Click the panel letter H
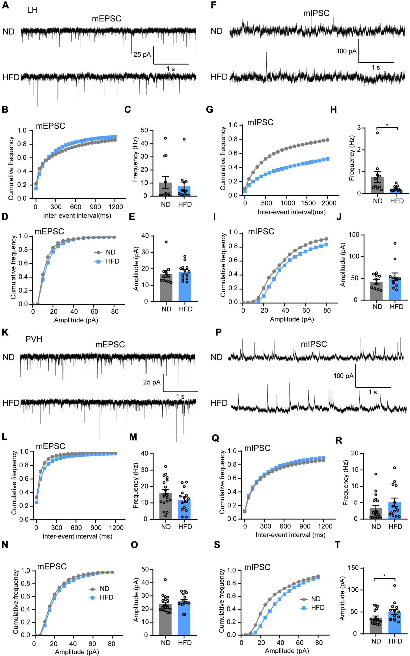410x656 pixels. [x=333, y=110]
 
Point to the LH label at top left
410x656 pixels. [x=32, y=10]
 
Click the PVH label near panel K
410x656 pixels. [x=34, y=339]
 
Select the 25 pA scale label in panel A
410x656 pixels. [x=142, y=54]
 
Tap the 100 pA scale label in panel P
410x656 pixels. [x=343, y=376]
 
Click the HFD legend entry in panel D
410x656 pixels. [x=112, y=261]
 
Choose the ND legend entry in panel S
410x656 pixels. [x=316, y=599]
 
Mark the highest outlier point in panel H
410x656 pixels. [x=377, y=133]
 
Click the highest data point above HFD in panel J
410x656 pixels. [x=395, y=243]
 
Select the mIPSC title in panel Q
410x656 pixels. [x=257, y=448]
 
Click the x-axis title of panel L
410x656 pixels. [x=77, y=536]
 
